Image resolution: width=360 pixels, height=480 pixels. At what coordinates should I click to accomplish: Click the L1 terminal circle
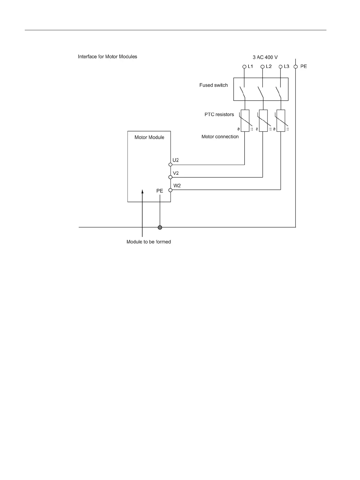tap(244, 67)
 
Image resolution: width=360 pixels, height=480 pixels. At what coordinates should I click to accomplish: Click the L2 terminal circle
tap(262, 67)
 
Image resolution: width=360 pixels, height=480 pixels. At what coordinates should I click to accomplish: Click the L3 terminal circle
tap(281, 67)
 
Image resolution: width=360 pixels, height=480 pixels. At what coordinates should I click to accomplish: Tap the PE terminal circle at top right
tap(296, 67)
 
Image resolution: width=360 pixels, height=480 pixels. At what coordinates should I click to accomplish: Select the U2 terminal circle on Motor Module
tap(170, 165)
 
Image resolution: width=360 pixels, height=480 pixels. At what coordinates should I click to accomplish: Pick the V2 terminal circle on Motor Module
tap(170, 177)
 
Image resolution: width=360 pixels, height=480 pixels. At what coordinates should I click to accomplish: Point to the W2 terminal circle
tap(170, 190)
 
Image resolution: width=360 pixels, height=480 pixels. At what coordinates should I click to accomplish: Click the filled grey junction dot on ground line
tap(160, 227)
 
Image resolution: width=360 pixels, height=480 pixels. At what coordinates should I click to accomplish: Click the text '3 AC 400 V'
tap(265, 57)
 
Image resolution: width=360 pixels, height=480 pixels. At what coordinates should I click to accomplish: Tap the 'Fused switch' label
tap(213, 85)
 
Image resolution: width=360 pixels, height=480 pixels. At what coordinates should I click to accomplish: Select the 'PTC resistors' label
tap(219, 115)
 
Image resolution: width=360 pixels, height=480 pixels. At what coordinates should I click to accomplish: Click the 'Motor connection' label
tap(220, 137)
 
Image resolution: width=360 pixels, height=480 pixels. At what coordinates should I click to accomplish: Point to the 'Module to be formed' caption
tap(149, 242)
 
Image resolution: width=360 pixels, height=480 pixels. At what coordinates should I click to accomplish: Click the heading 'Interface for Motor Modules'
tap(107, 57)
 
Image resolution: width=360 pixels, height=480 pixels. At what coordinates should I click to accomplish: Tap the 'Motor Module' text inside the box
tap(149, 137)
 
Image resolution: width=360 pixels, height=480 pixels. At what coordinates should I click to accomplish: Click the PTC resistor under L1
tap(245, 121)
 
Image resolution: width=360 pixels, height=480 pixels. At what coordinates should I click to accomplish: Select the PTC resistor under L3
tap(281, 121)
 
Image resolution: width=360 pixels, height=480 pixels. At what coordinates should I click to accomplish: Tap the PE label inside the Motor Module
tap(160, 191)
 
